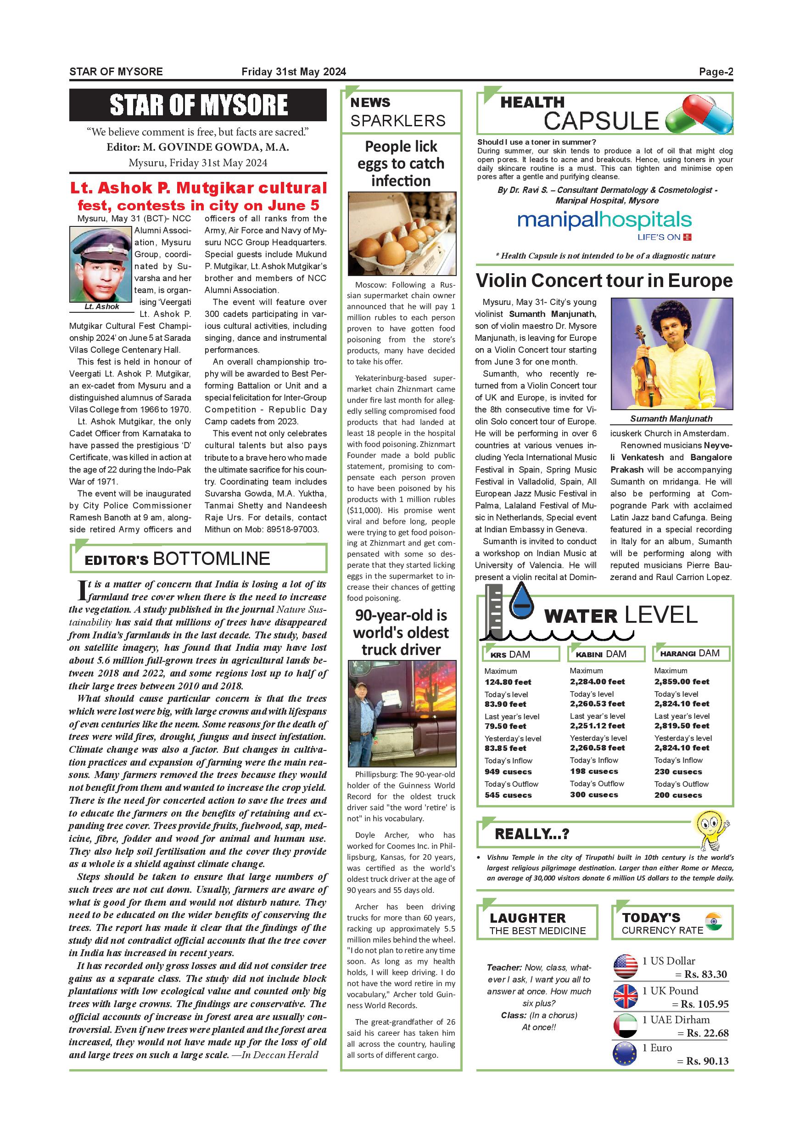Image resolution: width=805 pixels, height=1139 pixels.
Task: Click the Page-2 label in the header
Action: tap(716, 72)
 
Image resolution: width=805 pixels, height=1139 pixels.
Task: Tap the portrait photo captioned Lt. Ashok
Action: tap(101, 264)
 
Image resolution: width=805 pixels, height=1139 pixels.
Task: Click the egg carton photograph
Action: tap(402, 234)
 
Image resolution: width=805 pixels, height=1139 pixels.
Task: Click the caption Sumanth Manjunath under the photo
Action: tap(671, 419)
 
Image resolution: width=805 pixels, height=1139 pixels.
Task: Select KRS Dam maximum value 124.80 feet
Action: tap(508, 682)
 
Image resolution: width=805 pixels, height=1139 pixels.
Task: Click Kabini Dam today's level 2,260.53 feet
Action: tap(597, 704)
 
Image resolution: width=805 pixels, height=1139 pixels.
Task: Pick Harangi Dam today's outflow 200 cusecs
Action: tap(678, 795)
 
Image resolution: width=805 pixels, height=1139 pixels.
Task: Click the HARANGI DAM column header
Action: tap(690, 654)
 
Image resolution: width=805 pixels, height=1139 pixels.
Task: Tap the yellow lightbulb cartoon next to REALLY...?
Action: tap(712, 829)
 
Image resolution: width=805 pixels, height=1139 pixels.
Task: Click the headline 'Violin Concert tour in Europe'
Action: tap(604, 281)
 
